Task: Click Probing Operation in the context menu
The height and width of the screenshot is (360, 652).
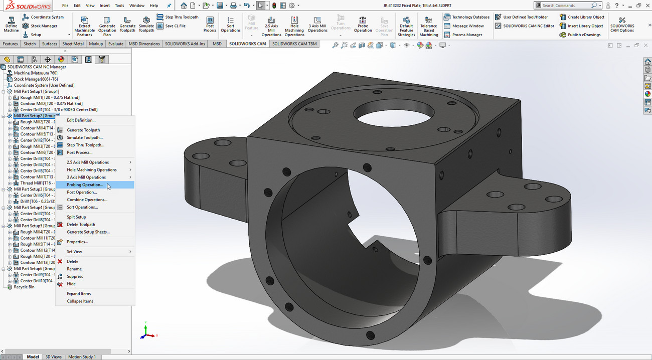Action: (x=85, y=185)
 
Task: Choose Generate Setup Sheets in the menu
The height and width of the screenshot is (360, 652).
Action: (x=88, y=232)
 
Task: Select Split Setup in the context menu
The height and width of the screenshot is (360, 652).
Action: (x=76, y=217)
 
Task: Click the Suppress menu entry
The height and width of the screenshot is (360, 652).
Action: (x=75, y=276)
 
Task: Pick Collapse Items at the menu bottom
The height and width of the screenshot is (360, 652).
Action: (x=80, y=301)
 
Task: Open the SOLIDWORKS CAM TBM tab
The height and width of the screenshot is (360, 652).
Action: (x=294, y=44)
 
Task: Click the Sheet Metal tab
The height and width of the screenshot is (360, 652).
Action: (x=73, y=44)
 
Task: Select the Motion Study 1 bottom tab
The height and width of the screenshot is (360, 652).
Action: (x=81, y=357)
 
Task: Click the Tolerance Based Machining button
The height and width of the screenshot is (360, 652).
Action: (x=428, y=26)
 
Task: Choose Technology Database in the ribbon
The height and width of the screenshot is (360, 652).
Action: (x=470, y=17)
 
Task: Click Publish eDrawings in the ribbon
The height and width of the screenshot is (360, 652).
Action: (x=584, y=35)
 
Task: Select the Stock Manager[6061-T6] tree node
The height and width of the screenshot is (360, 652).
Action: (x=35, y=79)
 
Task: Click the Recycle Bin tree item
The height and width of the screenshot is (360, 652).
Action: (x=24, y=287)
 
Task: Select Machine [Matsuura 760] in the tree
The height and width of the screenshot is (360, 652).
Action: (x=35, y=73)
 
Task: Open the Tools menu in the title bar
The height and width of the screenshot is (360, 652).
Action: (x=119, y=6)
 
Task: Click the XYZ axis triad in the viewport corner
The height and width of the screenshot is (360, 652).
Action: (x=146, y=332)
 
